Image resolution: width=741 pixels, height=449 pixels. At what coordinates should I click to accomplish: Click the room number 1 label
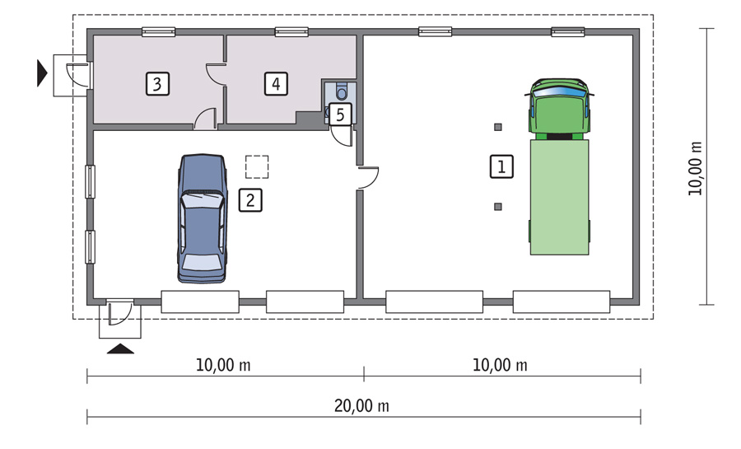coord(501,166)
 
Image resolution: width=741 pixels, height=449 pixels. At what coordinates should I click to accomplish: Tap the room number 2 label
coord(250,200)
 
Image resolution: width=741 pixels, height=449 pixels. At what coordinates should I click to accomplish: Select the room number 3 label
coord(157,84)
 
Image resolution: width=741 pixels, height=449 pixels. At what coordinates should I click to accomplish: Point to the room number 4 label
coord(276,84)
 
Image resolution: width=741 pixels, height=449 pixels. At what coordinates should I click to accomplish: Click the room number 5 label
coord(340,114)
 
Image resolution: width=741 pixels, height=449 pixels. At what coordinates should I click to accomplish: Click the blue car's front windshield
coord(202,200)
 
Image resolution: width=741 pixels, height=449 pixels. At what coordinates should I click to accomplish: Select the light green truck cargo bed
coord(560,197)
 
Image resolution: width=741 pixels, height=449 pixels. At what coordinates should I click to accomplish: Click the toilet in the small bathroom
coord(341,91)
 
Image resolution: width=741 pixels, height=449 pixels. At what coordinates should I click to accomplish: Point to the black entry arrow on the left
coord(42,73)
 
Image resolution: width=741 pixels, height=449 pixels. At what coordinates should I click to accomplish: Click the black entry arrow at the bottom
coord(120,348)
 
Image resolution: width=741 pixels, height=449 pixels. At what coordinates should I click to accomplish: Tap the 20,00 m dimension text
coord(361,406)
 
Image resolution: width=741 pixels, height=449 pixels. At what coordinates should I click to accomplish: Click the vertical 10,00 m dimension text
coord(695,168)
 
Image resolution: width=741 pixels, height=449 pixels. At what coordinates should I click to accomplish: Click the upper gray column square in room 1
coord(497,127)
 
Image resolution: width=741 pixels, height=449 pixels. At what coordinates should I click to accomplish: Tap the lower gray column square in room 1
coord(497,207)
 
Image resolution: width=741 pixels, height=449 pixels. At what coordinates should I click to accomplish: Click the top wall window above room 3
coord(159,31)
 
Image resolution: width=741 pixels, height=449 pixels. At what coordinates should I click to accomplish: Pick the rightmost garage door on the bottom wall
coord(562,302)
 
